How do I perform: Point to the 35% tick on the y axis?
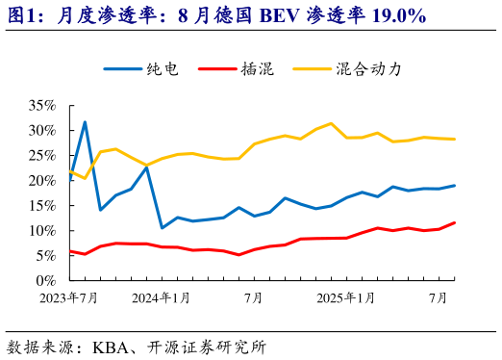point(43,105)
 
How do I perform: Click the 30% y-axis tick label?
point(43,130)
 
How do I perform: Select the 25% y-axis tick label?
point(43,155)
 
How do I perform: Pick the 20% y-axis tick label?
point(43,180)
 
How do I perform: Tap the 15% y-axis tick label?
point(43,205)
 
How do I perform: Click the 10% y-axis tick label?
point(43,230)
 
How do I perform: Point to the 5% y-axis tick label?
point(47,255)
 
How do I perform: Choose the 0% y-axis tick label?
point(47,280)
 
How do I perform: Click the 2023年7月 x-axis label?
point(68,298)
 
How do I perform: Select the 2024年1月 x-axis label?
point(161,298)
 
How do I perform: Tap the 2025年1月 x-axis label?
point(346,298)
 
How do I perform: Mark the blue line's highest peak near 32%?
point(85,122)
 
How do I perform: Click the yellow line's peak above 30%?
point(331,123)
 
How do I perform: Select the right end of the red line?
point(455,222)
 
